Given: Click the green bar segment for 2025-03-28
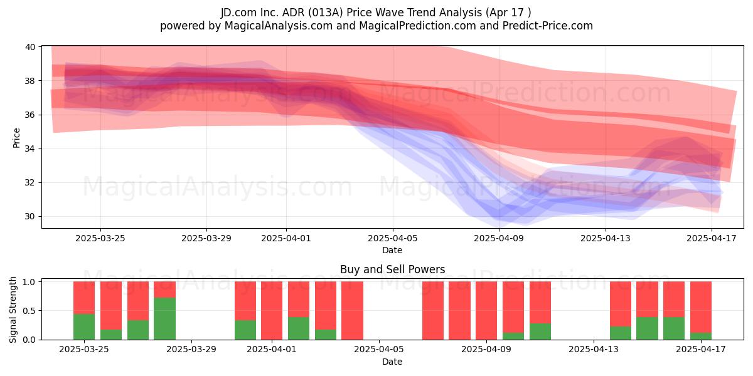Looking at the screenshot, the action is (164, 318).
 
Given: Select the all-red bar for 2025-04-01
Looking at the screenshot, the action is (272, 311).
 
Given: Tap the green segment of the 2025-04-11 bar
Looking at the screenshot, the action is (540, 332).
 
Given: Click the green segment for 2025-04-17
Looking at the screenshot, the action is (701, 336).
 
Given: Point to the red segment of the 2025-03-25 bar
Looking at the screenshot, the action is (84, 298).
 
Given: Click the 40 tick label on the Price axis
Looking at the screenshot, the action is (30, 47).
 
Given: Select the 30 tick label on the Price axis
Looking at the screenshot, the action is (30, 217).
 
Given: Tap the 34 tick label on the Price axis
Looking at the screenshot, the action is (30, 149).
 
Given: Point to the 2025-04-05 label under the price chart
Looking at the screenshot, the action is (392, 238).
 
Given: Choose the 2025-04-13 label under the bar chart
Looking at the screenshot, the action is (594, 350).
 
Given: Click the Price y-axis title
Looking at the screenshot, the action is (16, 138).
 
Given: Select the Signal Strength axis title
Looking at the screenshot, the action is (13, 310).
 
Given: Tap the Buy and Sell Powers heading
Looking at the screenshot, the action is (393, 269).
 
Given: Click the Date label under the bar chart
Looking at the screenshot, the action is (392, 362).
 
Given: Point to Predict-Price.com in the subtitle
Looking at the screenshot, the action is (548, 26).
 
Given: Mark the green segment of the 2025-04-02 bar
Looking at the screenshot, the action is (299, 328).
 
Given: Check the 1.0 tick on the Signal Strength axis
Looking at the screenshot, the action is (29, 282).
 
